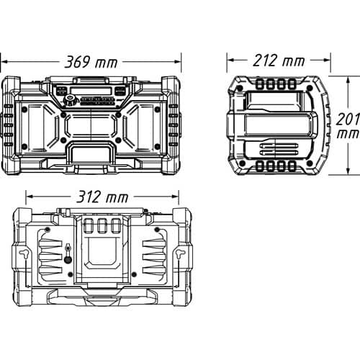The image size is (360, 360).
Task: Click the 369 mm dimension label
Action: point(91,62)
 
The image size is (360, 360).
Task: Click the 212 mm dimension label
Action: point(279,60)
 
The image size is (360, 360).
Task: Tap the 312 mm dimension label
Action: point(102,197)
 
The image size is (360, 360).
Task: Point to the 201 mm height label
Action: point(348,126)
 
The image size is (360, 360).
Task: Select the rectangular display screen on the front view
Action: point(91,91)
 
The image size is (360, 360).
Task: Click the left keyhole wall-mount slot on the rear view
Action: point(24,253)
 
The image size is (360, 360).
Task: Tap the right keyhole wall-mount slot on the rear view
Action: point(180,253)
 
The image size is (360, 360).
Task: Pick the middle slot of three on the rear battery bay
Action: point(102,226)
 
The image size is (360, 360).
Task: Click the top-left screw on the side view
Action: point(238,88)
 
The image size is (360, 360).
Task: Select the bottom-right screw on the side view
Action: point(310,163)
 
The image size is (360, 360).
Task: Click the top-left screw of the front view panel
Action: point(24,109)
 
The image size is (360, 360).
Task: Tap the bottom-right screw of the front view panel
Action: point(157,146)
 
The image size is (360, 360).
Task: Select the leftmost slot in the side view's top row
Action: point(260,84)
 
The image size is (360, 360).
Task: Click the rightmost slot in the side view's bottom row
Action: point(291,166)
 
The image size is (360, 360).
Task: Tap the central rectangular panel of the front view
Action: point(91,126)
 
